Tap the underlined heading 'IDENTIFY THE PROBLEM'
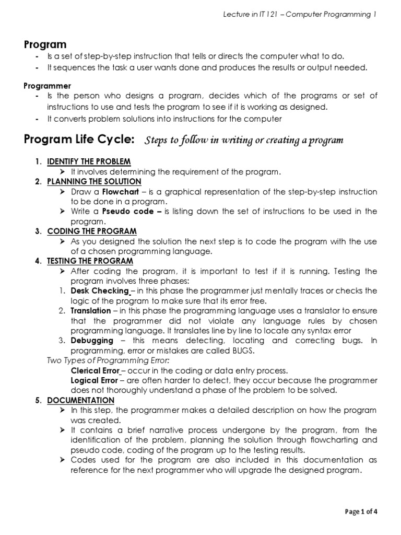click(89, 161)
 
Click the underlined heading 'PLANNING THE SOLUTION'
click(94, 181)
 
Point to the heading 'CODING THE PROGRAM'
click(92, 231)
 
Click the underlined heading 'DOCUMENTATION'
click(80, 400)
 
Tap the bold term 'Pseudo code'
click(128, 211)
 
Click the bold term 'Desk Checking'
click(99, 290)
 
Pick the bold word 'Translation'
click(91, 310)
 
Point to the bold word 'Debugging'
click(92, 340)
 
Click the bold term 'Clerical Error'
click(95, 370)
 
